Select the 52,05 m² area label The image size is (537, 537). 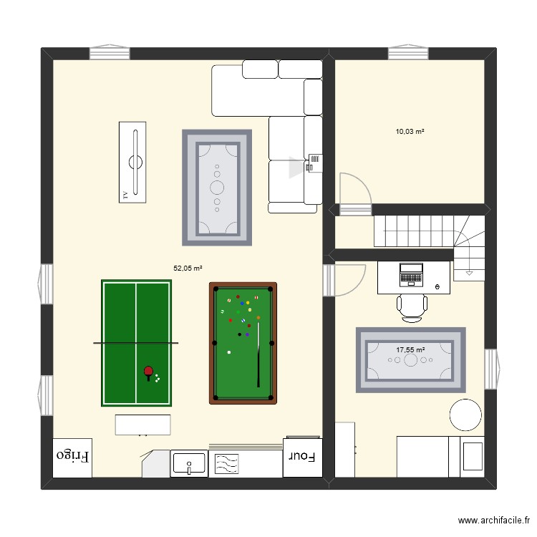point(188,268)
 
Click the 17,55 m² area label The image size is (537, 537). point(410,350)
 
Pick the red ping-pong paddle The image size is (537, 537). point(148,372)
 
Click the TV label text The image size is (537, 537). point(125,194)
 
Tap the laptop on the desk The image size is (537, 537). point(411,274)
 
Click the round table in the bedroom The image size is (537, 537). point(465,415)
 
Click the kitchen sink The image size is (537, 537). point(189,464)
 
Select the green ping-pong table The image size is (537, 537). point(137,343)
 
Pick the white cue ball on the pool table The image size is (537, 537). point(229,352)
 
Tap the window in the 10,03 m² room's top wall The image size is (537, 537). point(408,53)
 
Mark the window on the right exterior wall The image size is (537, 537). point(490,368)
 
